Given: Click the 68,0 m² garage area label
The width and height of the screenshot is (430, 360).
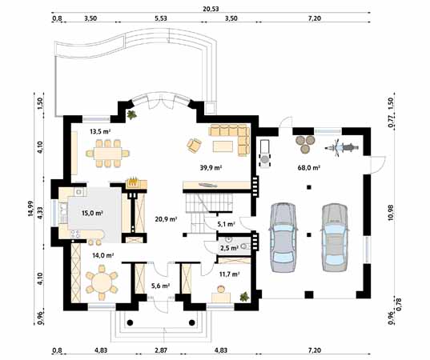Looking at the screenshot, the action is point(309,167).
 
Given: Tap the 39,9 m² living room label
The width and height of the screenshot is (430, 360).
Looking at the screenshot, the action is point(211,168).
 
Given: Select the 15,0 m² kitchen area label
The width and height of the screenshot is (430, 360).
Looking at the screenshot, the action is point(92,213).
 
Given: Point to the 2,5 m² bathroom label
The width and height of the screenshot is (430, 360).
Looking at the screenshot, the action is point(229,248).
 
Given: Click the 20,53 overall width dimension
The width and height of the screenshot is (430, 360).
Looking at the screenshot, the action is point(211,9).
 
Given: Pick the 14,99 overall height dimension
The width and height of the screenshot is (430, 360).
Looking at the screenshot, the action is point(30,209).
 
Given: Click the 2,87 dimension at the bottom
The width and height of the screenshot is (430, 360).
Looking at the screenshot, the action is point(160,350).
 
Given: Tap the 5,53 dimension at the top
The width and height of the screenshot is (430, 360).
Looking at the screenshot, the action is point(161,18).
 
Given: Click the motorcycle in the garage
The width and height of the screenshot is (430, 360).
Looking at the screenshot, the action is point(342,148).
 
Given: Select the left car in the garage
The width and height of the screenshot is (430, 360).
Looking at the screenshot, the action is point(283,238).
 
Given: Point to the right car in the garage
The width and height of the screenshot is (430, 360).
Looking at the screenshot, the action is point(335,238).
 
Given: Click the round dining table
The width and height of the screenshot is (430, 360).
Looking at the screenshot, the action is point(102,283).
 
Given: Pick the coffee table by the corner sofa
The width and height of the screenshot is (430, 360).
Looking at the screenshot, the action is point(223,146).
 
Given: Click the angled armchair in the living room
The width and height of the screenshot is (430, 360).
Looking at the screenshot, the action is point(194,146).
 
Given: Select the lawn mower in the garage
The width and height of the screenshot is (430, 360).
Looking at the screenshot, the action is point(265,154).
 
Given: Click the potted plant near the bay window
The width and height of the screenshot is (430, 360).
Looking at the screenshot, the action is point(132,114).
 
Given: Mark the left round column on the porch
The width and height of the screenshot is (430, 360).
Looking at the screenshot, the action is point(130,322).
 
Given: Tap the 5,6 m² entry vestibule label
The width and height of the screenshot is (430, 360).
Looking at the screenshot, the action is point(161,286).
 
